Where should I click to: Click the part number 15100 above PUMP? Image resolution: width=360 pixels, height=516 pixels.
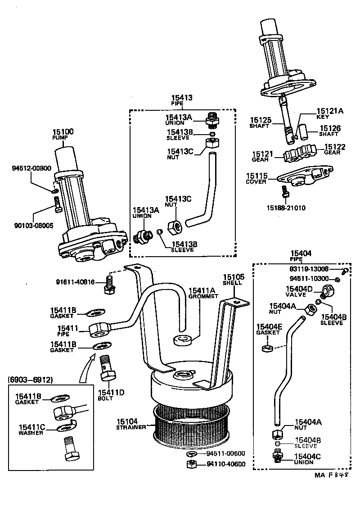[x=63, y=131]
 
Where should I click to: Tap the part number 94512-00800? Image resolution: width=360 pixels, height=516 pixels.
[x=31, y=168]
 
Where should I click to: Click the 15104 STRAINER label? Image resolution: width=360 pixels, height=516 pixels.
[x=130, y=424]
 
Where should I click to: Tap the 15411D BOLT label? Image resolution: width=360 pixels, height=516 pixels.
[x=111, y=395]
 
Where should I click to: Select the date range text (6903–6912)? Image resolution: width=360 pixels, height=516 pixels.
[x=30, y=380]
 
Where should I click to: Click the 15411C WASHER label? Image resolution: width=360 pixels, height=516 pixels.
[x=31, y=430]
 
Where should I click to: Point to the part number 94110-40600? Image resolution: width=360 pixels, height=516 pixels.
[x=226, y=464]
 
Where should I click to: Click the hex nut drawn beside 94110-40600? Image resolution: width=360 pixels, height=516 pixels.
[x=191, y=464]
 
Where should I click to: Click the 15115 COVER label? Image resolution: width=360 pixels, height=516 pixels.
[x=256, y=178]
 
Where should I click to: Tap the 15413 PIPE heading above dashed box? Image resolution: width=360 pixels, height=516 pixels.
[x=182, y=100]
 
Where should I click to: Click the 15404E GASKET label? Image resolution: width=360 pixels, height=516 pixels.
[x=269, y=329]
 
